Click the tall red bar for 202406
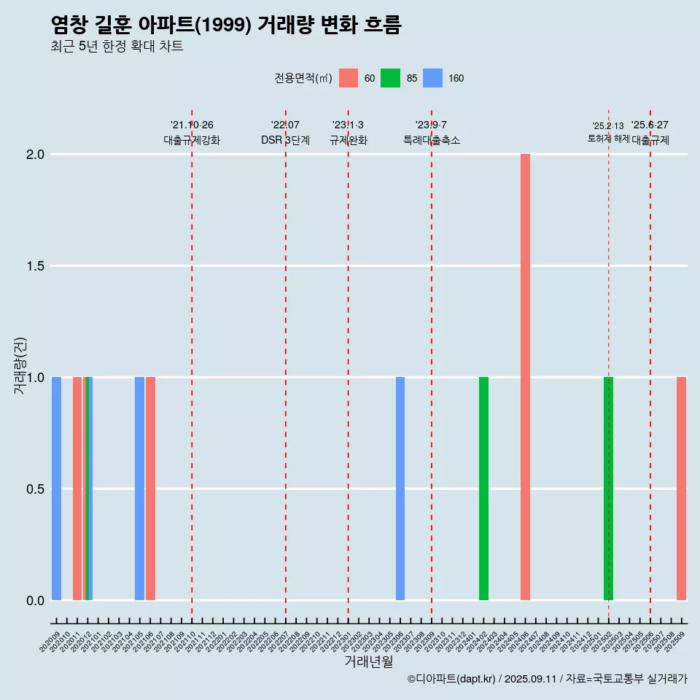(525, 377)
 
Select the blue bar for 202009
(56, 489)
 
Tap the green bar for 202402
(483, 489)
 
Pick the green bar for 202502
(608, 489)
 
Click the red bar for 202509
(681, 489)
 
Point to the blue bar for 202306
(400, 489)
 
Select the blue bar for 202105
(139, 489)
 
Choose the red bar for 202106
(150, 489)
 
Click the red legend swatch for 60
(349, 78)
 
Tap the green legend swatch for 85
(390, 78)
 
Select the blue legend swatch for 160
(432, 78)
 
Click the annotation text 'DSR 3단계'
(285, 140)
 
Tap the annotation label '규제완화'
(348, 140)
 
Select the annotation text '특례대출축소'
(432, 140)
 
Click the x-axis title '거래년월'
(368, 661)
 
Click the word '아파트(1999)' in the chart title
(196, 26)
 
